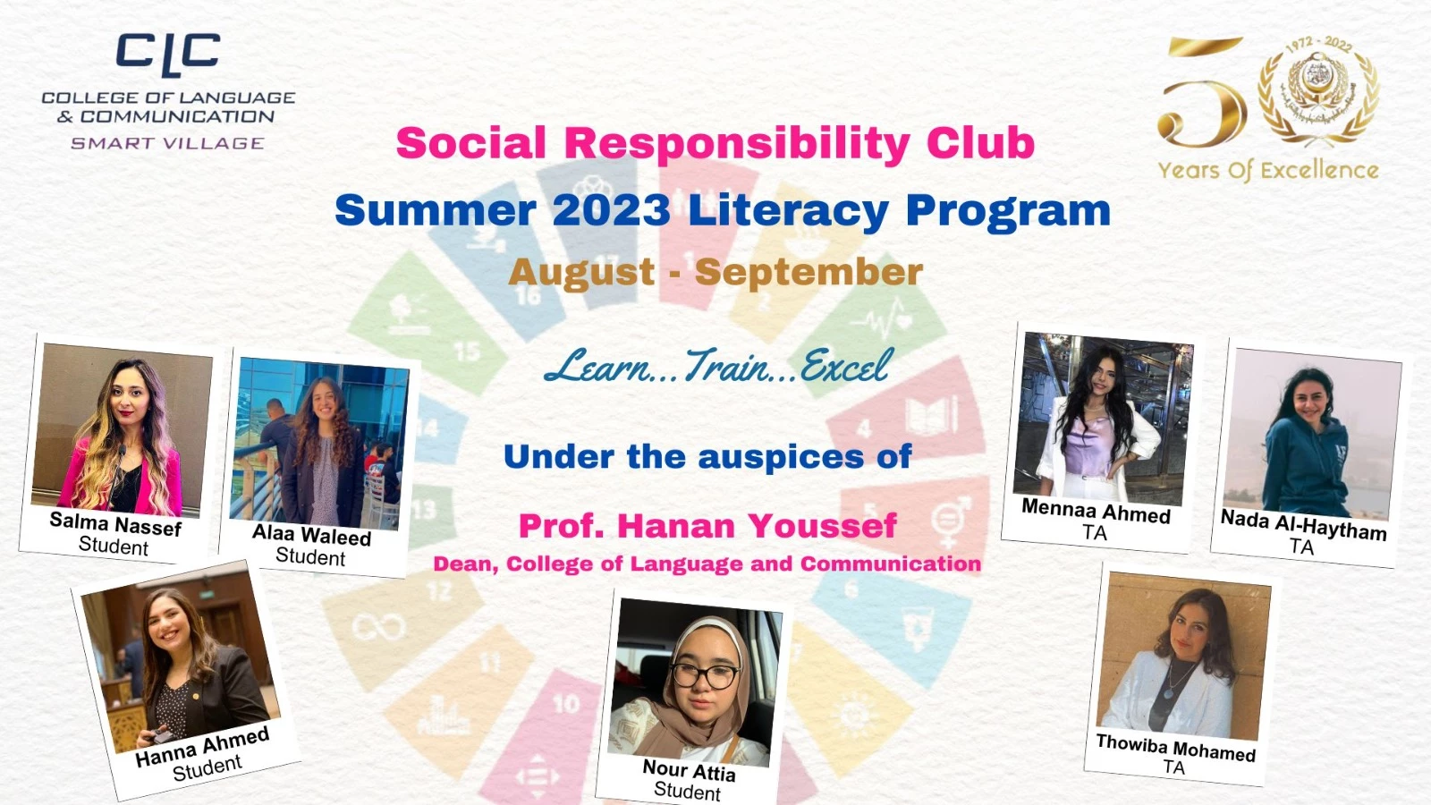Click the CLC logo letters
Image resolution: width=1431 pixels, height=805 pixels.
[168, 55]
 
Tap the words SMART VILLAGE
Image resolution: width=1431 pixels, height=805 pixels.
[167, 143]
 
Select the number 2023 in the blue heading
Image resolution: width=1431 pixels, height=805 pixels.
[612, 209]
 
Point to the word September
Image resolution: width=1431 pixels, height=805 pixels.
[809, 273]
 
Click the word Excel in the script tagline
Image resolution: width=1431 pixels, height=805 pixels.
[843, 366]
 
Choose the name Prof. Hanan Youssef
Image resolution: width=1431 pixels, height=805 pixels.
[707, 525]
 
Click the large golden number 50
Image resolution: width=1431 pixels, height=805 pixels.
[1202, 93]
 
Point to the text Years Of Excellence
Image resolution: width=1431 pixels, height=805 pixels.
[1268, 171]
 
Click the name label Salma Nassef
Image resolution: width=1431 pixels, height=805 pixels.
[115, 524]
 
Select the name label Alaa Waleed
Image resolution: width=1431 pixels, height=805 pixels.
[312, 534]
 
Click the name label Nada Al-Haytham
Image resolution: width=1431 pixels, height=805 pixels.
[1304, 525]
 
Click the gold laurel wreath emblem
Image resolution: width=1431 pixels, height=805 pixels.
[1318, 89]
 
